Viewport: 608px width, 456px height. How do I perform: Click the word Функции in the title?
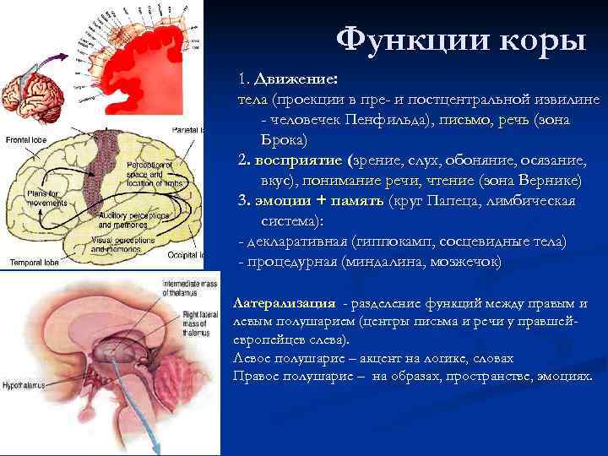[394, 39]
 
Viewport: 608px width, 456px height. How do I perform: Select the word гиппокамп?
[385, 241]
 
